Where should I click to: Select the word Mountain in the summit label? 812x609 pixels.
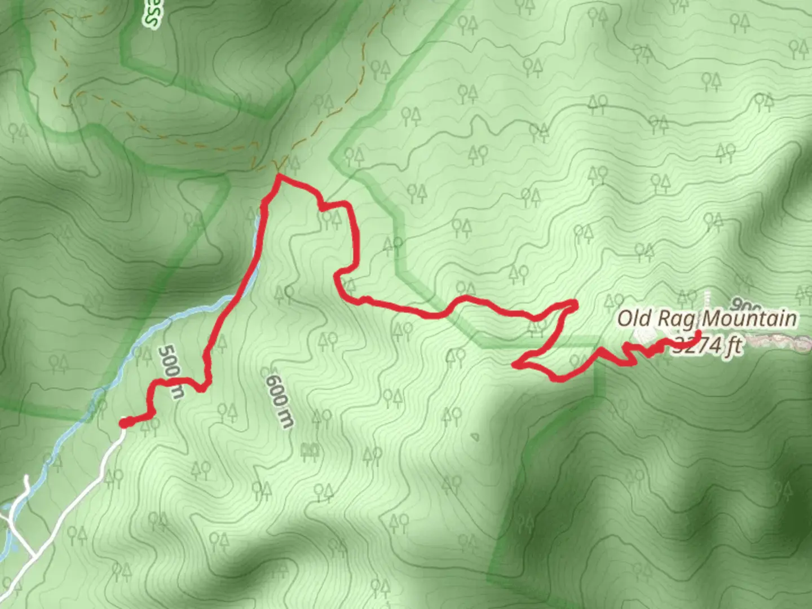[749, 319]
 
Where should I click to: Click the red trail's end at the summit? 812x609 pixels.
[698, 334]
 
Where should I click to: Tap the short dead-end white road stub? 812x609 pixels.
[26, 485]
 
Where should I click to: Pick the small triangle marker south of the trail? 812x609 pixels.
[475, 436]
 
